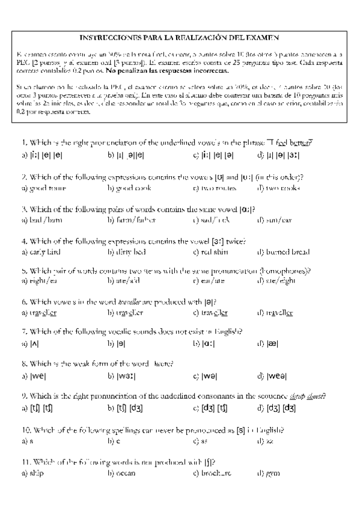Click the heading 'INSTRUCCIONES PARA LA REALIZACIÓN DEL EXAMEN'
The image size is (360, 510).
[180, 37]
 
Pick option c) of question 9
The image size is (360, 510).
[210, 409]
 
